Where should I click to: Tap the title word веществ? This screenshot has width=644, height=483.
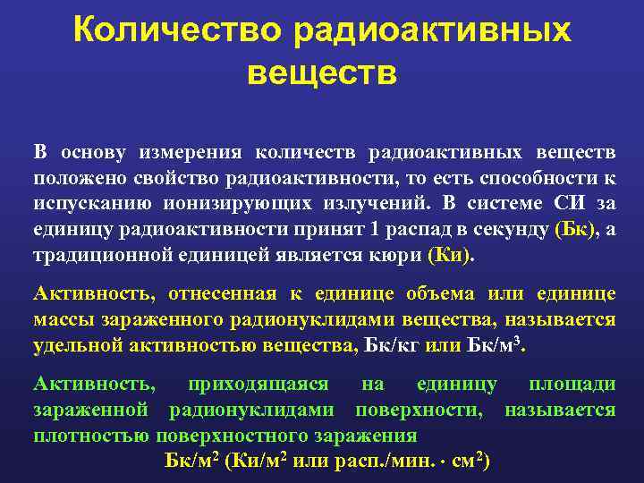pos(322,72)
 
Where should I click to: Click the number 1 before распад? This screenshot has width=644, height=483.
pos(376,229)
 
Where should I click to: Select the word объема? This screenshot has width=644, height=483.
pos(436,293)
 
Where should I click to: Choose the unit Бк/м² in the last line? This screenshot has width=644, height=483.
pos(192,462)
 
